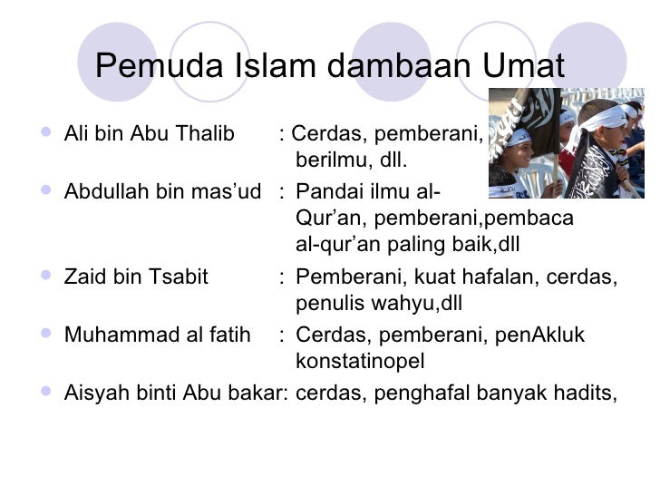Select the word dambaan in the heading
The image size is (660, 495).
[394, 66]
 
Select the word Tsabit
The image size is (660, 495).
[179, 277]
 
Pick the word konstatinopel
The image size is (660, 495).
[360, 362]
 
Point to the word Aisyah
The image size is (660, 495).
[92, 393]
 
